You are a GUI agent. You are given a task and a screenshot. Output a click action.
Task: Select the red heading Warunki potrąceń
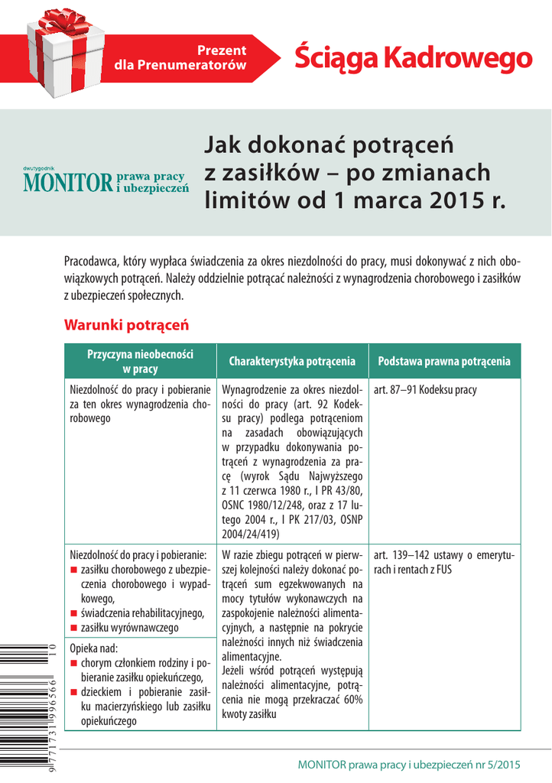[x=126, y=325]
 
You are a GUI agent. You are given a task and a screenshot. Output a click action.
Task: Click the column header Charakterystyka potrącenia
[x=291, y=361]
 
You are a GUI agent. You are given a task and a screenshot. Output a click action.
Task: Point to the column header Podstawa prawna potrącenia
[x=443, y=361]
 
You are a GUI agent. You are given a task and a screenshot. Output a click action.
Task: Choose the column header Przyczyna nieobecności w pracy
[x=141, y=361]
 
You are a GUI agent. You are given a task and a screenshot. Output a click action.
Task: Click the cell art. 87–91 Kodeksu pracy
[x=425, y=390]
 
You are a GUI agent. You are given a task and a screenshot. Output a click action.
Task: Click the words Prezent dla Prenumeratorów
[x=180, y=58]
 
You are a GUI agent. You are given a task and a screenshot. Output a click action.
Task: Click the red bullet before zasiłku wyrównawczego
[x=74, y=628]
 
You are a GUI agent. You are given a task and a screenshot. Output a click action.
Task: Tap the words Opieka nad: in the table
[x=94, y=648]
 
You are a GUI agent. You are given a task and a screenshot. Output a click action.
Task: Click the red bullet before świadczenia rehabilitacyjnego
[x=74, y=612]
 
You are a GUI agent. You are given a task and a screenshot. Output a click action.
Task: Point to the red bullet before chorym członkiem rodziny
[x=74, y=663]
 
